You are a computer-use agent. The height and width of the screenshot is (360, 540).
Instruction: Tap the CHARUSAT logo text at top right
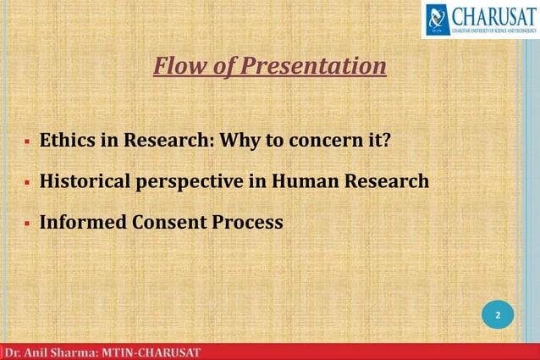click(x=493, y=15)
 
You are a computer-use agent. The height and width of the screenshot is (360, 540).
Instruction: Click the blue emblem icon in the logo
click(x=438, y=19)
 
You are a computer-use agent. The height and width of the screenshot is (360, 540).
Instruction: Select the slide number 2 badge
click(x=498, y=315)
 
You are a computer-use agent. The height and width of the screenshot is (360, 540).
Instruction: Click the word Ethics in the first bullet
click(x=66, y=139)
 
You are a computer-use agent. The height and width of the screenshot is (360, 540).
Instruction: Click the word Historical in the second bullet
click(x=89, y=180)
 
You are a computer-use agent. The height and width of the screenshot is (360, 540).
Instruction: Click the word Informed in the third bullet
click(x=83, y=222)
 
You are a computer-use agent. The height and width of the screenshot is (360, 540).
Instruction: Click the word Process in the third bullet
click(x=247, y=222)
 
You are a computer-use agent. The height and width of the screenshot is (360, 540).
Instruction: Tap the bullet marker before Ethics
click(x=27, y=141)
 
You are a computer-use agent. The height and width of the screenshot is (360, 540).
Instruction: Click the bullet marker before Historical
click(x=27, y=182)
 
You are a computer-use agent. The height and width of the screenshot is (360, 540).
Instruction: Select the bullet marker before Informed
click(x=27, y=224)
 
